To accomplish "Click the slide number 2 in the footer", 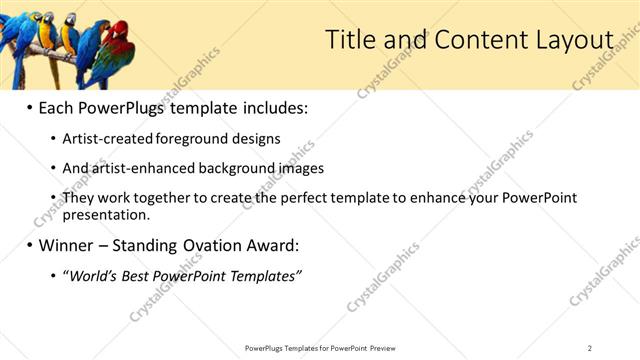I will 589,348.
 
